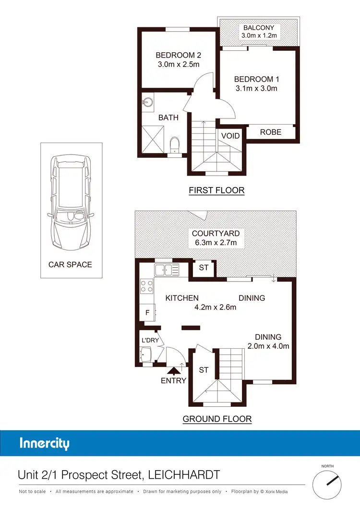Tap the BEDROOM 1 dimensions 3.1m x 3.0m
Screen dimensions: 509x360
[256, 88]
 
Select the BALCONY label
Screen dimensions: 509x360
[259, 28]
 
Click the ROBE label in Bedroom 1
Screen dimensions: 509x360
[271, 132]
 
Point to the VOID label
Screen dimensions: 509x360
[230, 136]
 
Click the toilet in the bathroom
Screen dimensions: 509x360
[174, 144]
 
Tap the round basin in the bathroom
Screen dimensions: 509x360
[147, 102]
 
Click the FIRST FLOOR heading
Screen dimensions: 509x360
[216, 190]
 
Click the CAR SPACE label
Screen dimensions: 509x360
[70, 264]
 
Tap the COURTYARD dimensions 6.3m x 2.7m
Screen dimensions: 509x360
[216, 242]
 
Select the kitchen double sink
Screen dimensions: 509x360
[167, 270]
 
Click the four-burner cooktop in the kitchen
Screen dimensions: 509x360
[146, 286]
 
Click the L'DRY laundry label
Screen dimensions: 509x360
[150, 340]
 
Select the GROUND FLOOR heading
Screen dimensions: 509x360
[217, 419]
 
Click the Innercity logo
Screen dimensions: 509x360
[44, 443]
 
